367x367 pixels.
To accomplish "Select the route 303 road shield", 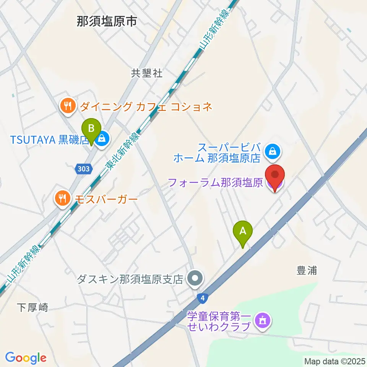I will [x=83, y=168].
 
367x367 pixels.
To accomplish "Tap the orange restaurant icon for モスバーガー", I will [x=62, y=198].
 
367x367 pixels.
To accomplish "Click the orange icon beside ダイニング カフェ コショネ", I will [x=68, y=106].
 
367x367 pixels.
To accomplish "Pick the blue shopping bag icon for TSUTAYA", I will [x=102, y=139].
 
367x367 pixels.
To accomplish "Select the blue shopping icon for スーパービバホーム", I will [x=274, y=150].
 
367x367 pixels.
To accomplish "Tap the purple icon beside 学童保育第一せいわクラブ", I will [x=263, y=320].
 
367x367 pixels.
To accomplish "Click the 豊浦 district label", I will [x=307, y=271].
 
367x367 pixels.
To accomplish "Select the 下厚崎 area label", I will [x=33, y=307].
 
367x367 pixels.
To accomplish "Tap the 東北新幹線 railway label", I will [x=120, y=151].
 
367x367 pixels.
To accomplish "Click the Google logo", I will [x=26, y=357].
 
